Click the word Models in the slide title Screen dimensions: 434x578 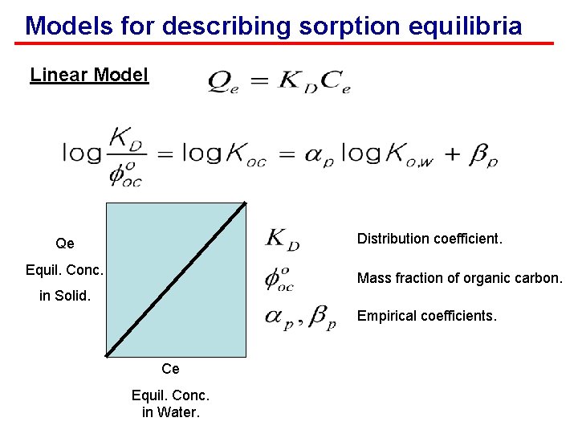pos(62,26)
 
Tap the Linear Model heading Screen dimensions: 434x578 pos(89,76)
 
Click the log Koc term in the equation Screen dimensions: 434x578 pos(222,153)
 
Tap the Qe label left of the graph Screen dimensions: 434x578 pos(65,244)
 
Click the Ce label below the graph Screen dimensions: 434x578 pos(170,369)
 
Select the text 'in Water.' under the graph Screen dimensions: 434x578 pos(170,413)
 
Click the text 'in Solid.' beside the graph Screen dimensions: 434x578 pos(65,296)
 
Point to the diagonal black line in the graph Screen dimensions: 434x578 pos(175,278)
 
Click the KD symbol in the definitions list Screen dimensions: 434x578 pos(283,239)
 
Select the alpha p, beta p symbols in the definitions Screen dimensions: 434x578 pos(299,317)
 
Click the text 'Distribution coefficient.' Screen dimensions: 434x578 pos(429,239)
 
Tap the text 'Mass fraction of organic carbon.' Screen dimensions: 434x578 pos(460,278)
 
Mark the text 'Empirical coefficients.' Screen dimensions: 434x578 pos(427,316)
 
